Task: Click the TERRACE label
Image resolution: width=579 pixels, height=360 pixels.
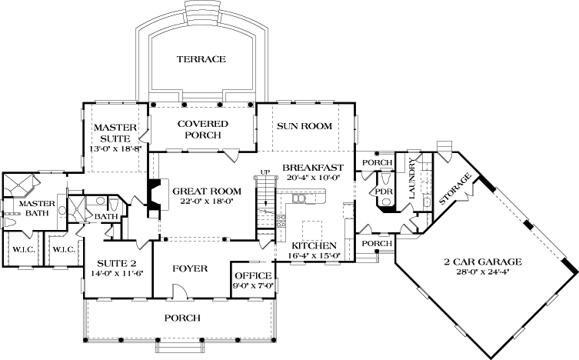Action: click(201, 59)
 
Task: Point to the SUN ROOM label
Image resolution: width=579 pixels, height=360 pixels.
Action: click(304, 125)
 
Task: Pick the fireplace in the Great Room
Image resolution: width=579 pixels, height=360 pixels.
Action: click(155, 195)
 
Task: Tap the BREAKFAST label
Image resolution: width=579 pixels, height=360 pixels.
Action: click(311, 167)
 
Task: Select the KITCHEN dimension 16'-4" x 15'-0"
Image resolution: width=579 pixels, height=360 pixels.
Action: click(311, 255)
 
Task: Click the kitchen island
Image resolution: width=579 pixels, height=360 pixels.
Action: click(311, 229)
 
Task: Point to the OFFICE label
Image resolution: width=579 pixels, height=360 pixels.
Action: click(252, 275)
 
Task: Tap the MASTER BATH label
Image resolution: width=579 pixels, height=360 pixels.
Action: click(34, 208)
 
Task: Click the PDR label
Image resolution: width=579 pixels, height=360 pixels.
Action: click(382, 187)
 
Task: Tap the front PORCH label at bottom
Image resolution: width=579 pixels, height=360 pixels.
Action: click(182, 318)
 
